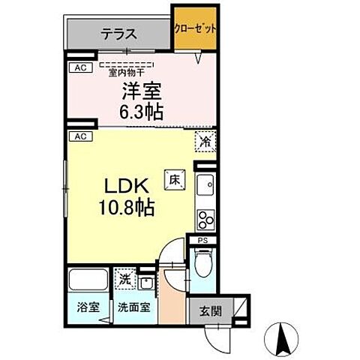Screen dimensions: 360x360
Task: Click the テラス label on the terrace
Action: [x=118, y=33]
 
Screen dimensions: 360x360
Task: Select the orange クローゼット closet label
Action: [x=196, y=28]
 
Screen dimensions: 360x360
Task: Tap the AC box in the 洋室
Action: [x=76, y=68]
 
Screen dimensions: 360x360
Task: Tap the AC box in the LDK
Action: [x=76, y=136]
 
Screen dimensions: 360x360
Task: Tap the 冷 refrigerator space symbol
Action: [x=205, y=140]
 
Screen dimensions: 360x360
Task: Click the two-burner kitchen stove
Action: [x=205, y=218]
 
